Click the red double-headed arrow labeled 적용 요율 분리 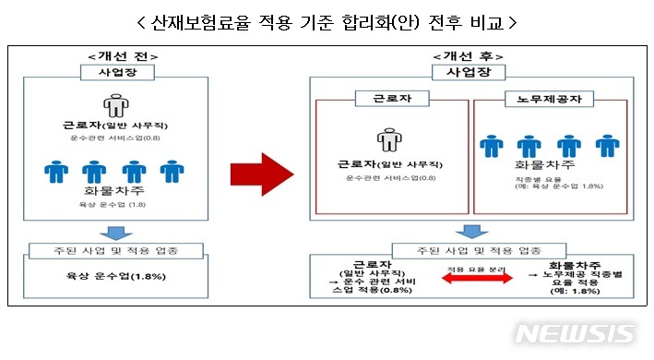click(x=479, y=279)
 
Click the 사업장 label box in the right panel click(x=469, y=71)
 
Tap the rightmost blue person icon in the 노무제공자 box click(x=606, y=147)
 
